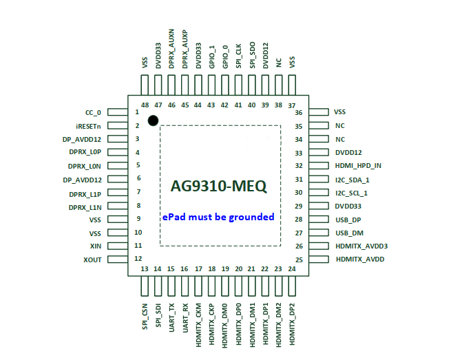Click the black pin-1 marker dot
(153, 120)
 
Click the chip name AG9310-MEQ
(219, 186)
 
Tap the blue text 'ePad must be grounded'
(218, 217)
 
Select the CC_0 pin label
(92, 112)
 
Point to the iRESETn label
(88, 126)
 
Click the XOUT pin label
(92, 260)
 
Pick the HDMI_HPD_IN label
(358, 166)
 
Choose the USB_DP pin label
(348, 220)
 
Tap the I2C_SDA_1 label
(352, 179)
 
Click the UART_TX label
(171, 317)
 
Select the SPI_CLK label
(239, 56)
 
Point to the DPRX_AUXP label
(185, 48)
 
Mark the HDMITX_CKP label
(211, 323)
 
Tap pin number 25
(300, 260)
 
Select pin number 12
(138, 259)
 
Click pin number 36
(299, 112)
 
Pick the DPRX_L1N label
(85, 207)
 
